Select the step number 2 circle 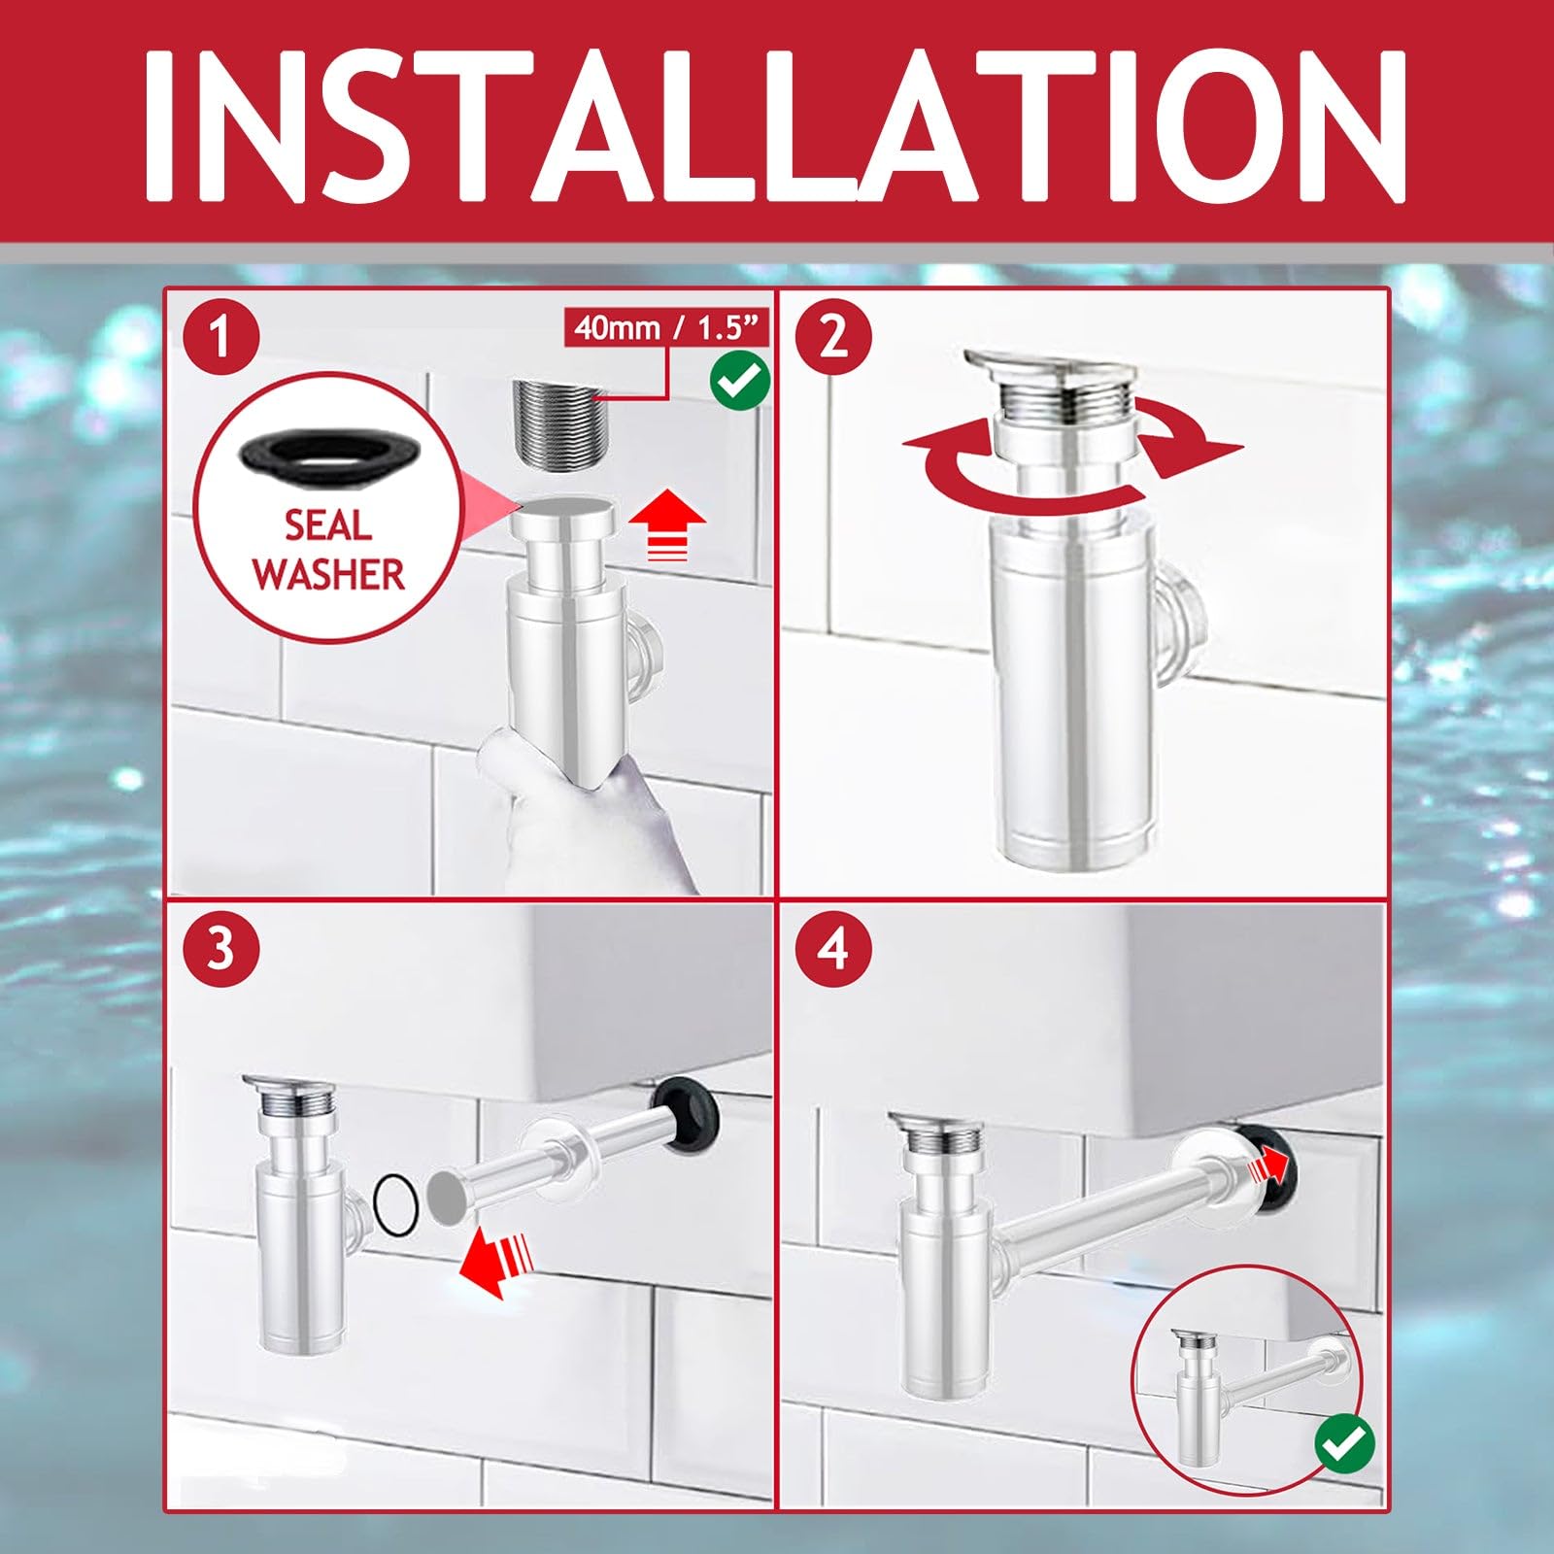click(832, 338)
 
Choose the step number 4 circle click(832, 949)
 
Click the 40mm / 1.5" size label click(666, 328)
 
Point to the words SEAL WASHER click(328, 550)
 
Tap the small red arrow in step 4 click(1268, 1160)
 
